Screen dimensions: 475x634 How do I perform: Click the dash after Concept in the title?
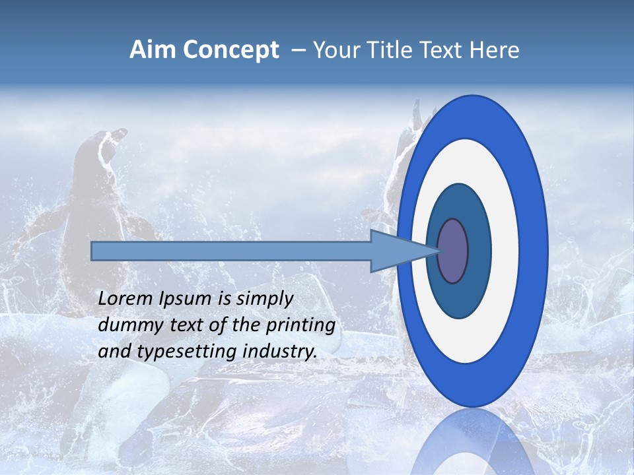[299, 51]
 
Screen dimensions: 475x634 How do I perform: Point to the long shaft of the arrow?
[231, 251]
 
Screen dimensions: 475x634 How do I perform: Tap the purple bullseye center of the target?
[452, 251]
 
